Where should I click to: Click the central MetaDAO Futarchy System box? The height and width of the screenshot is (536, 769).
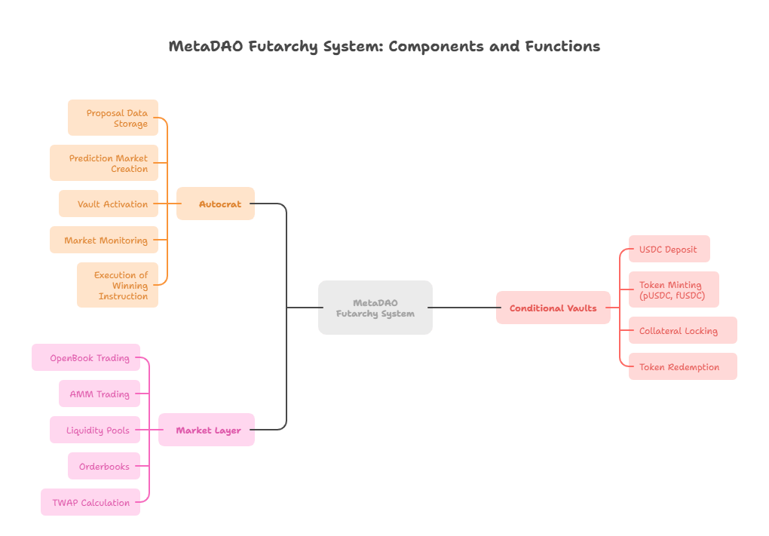pos(375,308)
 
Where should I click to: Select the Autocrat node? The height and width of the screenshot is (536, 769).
pos(216,204)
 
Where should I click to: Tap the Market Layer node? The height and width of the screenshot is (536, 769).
pos(207,430)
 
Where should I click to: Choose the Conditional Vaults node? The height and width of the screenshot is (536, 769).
pos(553,308)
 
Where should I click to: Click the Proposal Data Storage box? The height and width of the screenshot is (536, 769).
pos(113,118)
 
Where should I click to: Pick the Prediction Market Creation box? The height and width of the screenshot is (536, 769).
pos(104,163)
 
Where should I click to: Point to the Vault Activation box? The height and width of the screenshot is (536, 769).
pos(109,204)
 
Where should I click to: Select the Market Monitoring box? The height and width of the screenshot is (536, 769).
pos(104,240)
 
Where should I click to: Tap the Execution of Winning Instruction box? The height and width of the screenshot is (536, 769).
pos(118,285)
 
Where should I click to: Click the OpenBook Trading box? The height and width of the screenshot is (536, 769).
pos(86,357)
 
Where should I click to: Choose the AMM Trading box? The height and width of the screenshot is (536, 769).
pos(100,394)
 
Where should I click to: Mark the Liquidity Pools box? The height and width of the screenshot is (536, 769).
pos(95,430)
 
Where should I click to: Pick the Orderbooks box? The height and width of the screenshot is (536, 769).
pos(104,466)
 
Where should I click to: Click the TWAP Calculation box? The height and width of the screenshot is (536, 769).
pos(90,502)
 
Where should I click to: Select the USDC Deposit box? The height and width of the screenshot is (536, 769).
pos(669,249)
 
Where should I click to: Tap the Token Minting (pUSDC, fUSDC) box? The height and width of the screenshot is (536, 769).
pos(674,289)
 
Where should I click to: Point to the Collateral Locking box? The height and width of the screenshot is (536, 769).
pos(683,330)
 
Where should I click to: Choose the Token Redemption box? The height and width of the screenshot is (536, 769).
pos(683,366)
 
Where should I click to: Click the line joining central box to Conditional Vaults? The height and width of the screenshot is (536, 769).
pos(464,308)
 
